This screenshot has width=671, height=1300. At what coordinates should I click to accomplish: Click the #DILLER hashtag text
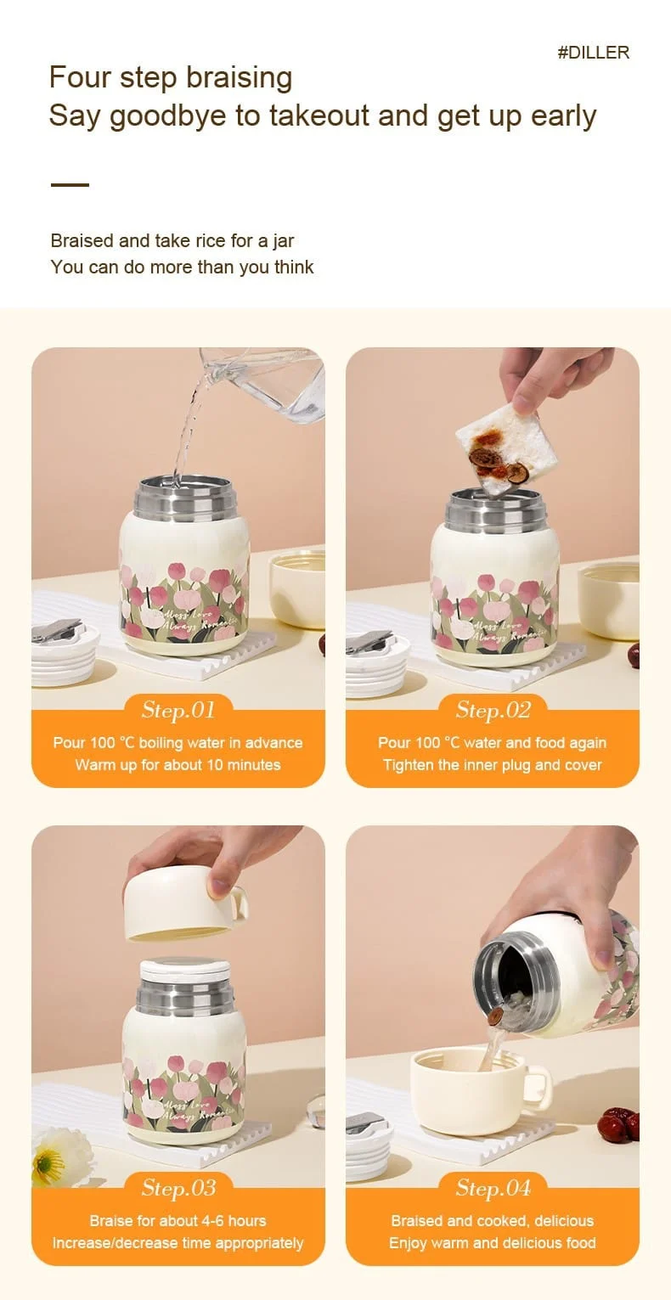click(x=593, y=53)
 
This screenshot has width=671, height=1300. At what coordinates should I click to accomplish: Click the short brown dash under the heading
click(x=70, y=185)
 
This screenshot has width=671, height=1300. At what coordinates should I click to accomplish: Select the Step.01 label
click(x=178, y=710)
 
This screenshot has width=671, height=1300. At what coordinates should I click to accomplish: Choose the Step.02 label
click(x=493, y=710)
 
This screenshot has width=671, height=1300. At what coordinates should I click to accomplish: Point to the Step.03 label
click(x=178, y=1188)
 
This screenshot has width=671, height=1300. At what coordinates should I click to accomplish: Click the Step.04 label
click(x=493, y=1188)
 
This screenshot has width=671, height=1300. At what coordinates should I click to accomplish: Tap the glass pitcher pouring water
click(x=273, y=383)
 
